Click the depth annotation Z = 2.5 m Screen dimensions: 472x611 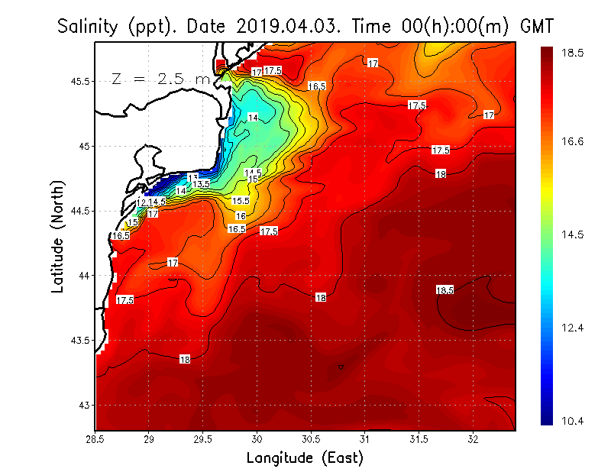[x=160, y=79]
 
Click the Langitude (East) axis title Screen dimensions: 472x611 [x=305, y=457]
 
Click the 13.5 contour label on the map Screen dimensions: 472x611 [x=202, y=184]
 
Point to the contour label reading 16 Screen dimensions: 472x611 [x=240, y=216]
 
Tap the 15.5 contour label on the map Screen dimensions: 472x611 [x=241, y=201]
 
